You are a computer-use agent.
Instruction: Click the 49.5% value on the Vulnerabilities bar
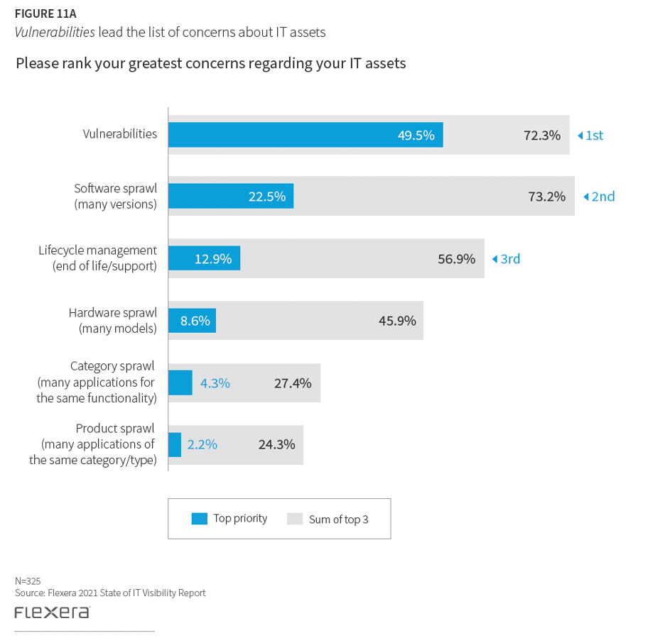click(416, 135)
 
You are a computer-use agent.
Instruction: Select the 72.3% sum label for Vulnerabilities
click(542, 135)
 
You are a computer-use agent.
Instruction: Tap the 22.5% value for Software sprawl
click(267, 197)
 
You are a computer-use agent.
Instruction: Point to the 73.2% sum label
click(546, 197)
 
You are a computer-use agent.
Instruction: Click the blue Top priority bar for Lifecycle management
click(204, 258)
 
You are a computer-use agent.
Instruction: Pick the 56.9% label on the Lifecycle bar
click(456, 258)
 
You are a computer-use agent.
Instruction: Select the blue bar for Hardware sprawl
click(192, 320)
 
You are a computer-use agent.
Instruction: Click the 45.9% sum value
click(397, 320)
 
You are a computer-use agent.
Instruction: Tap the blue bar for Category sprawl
click(180, 383)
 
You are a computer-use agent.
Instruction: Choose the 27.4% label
click(293, 383)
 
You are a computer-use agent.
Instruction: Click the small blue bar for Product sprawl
click(175, 444)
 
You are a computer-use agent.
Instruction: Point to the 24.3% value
click(276, 445)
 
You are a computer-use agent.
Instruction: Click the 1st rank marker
click(590, 136)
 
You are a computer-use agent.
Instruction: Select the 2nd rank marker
click(598, 197)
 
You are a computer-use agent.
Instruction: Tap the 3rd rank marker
click(506, 259)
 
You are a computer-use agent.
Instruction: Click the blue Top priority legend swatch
click(200, 519)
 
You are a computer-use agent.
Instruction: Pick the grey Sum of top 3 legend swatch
click(295, 519)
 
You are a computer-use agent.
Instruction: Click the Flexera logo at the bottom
click(52, 612)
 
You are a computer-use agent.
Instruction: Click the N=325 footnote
click(28, 581)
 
